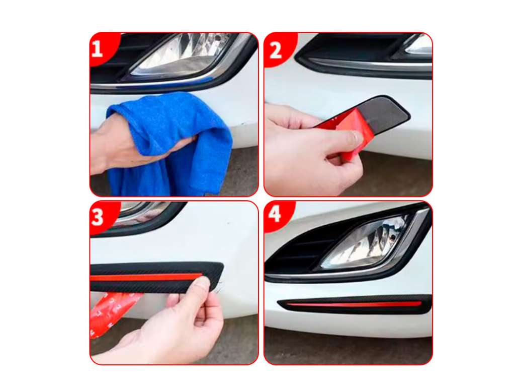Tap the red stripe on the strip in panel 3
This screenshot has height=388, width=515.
coord(146,277)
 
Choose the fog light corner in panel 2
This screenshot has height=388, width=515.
coord(419,45)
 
